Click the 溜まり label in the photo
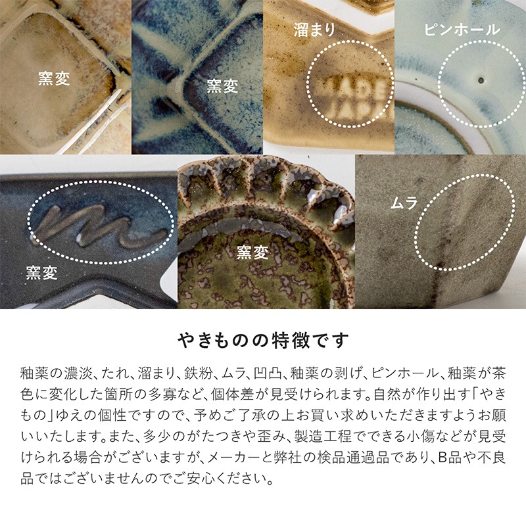click(x=315, y=30)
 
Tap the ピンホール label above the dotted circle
click(x=462, y=30)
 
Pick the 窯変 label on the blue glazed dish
click(x=222, y=86)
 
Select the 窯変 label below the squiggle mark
click(x=43, y=270)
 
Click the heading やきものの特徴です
click(x=263, y=341)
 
